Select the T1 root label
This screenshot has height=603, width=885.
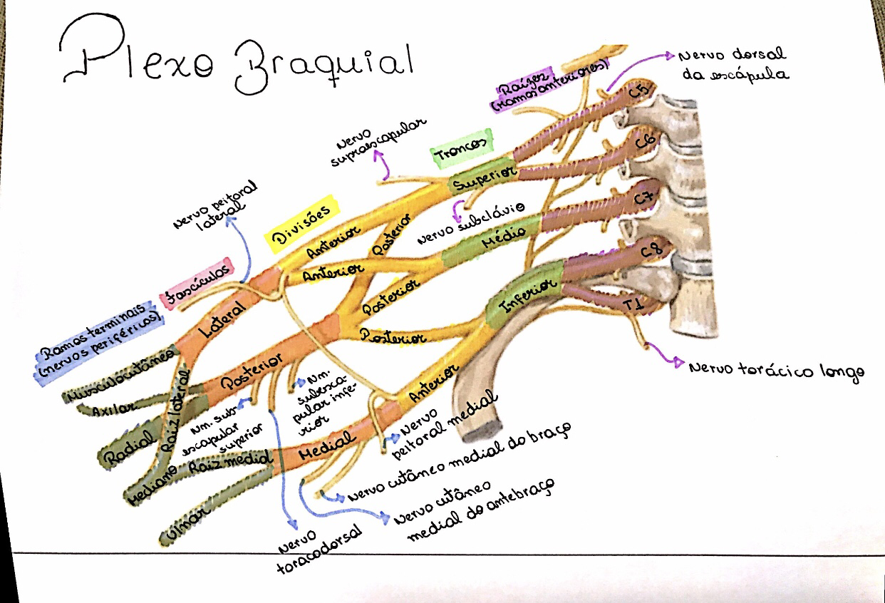633,306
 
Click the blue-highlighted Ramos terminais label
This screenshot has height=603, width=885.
100,343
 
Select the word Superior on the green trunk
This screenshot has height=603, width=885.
481,179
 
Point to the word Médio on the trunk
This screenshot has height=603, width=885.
503,234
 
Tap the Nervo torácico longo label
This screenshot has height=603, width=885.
776,369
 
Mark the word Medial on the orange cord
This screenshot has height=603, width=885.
321,451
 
